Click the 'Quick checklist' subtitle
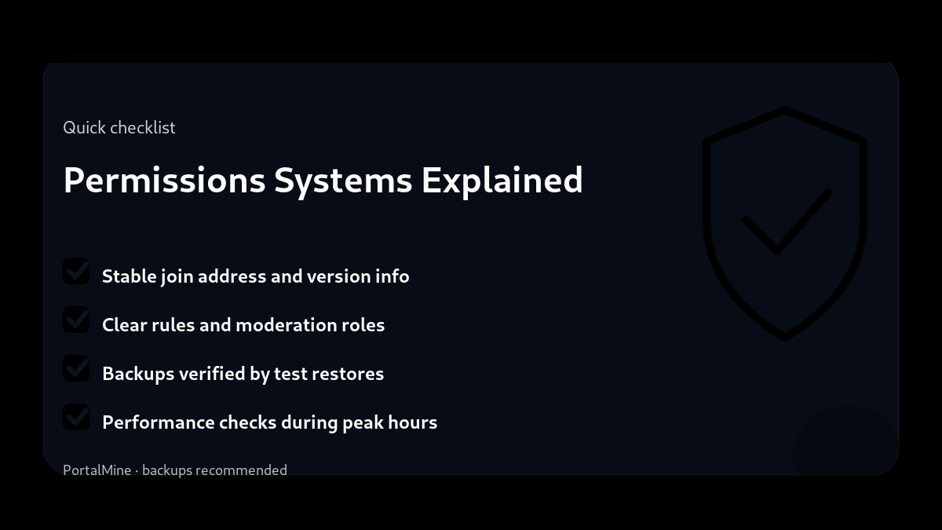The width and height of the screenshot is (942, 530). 119,127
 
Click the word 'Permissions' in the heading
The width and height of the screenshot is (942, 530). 165,180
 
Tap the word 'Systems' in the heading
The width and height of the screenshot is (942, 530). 343,180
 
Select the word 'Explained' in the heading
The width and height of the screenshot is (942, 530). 502,180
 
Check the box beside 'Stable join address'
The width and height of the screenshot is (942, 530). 76,272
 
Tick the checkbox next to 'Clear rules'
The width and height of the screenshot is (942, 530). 76,320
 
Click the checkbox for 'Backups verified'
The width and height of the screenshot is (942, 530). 76,369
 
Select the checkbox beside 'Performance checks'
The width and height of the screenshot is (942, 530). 76,418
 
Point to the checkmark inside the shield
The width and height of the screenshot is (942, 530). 785,224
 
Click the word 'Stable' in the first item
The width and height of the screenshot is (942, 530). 130,276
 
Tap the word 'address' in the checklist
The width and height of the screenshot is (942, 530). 232,276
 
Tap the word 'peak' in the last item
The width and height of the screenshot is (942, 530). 363,422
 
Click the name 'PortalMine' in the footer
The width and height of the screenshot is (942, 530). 97,470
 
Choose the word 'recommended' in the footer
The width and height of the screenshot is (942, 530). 241,470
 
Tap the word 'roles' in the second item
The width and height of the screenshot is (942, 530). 363,325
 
